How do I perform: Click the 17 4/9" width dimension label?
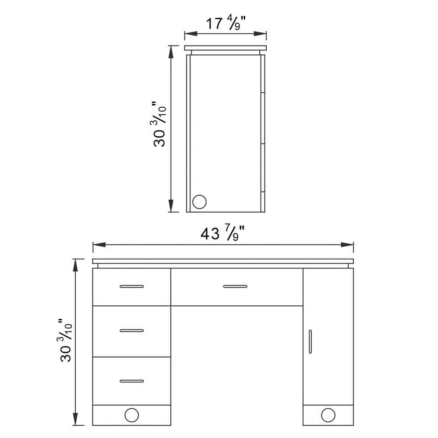point(225,23)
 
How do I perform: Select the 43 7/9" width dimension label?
point(223,233)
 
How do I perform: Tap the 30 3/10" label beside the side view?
point(160,125)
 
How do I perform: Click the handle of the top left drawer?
point(131,286)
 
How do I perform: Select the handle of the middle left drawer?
point(131,330)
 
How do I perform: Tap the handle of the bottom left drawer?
point(131,381)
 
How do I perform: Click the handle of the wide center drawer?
point(235,286)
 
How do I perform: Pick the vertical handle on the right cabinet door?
point(310,342)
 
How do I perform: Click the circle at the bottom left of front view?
point(131,415)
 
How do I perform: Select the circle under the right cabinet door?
point(328,415)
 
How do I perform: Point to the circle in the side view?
point(199,202)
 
